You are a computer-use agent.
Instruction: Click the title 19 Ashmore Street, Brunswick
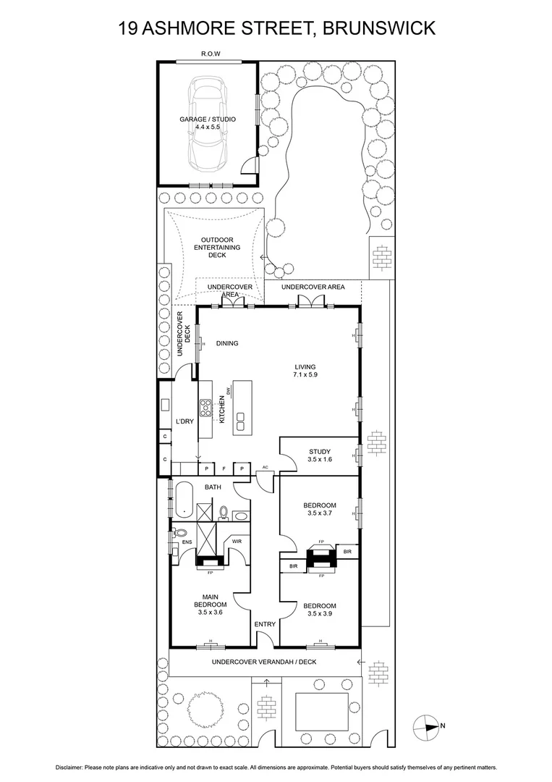tap(276, 28)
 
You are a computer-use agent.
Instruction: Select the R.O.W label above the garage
tap(211, 54)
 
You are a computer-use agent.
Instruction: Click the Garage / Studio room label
tap(208, 123)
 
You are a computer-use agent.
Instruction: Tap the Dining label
tap(226, 344)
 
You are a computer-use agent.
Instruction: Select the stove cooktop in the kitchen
tap(206, 408)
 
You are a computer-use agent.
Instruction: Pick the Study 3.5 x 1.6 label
tap(319, 455)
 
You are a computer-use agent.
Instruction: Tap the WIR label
tap(237, 542)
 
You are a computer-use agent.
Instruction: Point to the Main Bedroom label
tap(210, 604)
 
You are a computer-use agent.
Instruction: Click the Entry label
tap(264, 623)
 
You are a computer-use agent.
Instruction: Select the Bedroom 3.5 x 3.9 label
tap(319, 609)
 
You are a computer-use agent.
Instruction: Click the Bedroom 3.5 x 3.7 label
tap(319, 509)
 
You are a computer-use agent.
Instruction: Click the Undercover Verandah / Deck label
tap(264, 662)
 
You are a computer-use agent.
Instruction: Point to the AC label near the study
tap(266, 467)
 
